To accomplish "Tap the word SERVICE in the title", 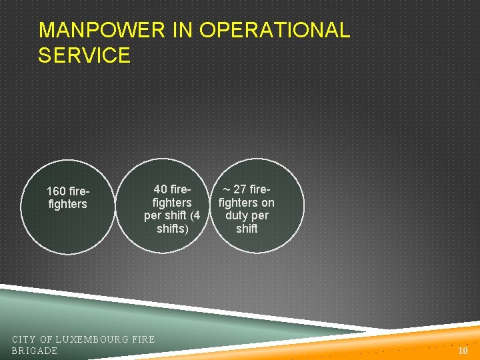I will tap(84, 55).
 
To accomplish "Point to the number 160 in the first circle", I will tap(56, 191).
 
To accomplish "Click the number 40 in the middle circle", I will tap(160, 189).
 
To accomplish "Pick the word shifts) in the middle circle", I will tap(172, 229).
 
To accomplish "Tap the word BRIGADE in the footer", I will tap(35, 351).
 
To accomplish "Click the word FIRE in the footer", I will tap(143, 339).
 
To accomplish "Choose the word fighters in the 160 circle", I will tap(67, 204).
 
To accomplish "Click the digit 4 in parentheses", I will tap(195, 215).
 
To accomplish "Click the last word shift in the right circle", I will tap(247, 229).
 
